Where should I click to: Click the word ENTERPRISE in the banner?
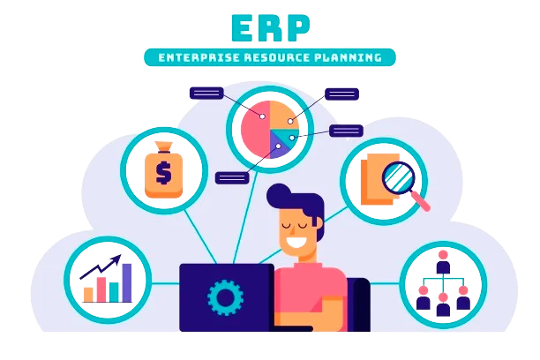click(199, 57)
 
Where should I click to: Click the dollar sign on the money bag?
click(163, 173)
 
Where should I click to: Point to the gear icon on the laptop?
click(225, 297)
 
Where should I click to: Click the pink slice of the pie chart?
click(255, 129)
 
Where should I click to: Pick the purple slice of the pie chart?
click(278, 146)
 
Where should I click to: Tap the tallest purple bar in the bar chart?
click(127, 283)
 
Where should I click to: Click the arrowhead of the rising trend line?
click(116, 259)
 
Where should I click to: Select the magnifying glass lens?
click(399, 177)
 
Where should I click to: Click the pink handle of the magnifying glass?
click(422, 202)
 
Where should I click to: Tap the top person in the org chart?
click(443, 262)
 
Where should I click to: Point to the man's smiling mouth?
click(296, 241)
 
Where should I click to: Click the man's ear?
click(319, 223)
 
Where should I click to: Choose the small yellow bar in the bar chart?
click(88, 295)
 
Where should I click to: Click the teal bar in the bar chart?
click(114, 292)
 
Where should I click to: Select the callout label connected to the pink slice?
click(206, 94)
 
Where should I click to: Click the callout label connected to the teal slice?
click(346, 131)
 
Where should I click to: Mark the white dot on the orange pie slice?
click(290, 121)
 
